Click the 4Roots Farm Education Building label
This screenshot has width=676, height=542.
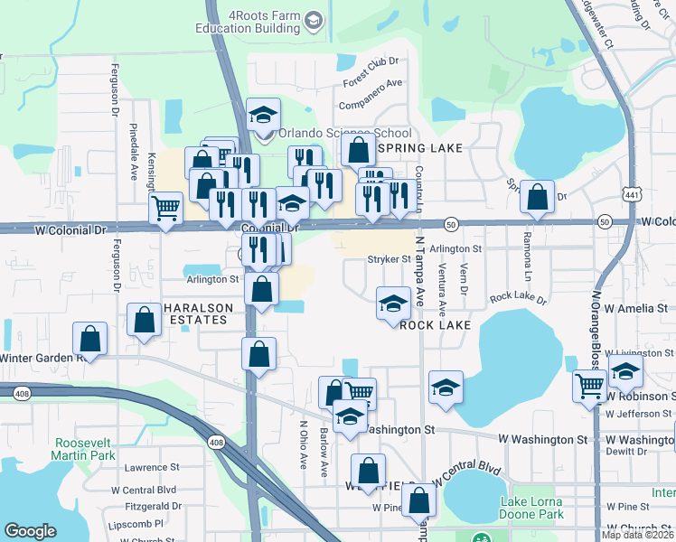tap(249, 22)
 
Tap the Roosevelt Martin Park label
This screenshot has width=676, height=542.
tap(85, 450)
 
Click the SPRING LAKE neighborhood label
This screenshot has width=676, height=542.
tap(421, 147)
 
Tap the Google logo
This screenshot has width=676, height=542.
tap(31, 531)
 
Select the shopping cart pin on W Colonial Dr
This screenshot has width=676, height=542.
tap(165, 209)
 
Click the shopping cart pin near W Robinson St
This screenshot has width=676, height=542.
tap(589, 386)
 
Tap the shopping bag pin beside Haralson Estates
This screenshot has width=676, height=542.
tap(144, 319)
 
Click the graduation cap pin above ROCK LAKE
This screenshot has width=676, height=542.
tap(393, 304)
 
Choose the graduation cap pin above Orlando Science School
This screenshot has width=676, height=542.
tap(263, 115)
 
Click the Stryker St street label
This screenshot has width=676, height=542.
tap(390, 259)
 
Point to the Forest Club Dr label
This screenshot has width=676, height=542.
tap(371, 73)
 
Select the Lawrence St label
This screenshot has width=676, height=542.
tap(152, 468)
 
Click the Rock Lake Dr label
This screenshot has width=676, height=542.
tap(518, 297)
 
